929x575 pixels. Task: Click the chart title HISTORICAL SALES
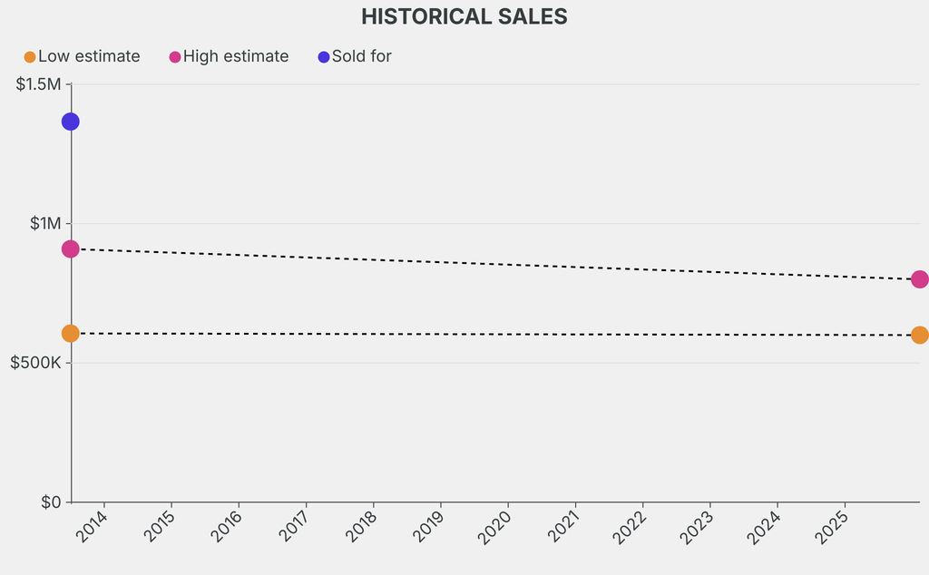pos(464,16)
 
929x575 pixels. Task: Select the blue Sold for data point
pos(70,122)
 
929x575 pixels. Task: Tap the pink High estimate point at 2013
pos(70,249)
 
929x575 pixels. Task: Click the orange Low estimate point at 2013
pos(70,334)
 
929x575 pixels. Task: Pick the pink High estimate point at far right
pos(919,279)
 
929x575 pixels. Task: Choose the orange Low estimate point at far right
pos(919,335)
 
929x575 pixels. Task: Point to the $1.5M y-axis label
pos(38,84)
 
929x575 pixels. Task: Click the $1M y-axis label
pos(44,223)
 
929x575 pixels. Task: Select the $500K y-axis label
pos(35,363)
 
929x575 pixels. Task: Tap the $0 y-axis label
pos(50,502)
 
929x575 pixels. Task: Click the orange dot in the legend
pos(30,57)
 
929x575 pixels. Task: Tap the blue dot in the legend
pos(324,57)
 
